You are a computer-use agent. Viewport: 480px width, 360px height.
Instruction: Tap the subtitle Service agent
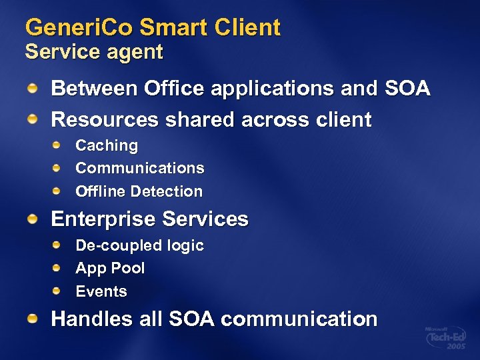(x=93, y=53)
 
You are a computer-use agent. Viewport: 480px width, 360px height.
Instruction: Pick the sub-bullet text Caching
(x=107, y=145)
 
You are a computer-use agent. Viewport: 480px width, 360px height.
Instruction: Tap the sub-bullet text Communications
(x=139, y=168)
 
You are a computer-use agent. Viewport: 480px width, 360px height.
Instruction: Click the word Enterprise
(x=103, y=219)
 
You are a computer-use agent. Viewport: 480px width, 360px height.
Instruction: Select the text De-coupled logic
(x=139, y=245)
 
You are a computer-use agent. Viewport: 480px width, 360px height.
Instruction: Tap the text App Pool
(x=110, y=269)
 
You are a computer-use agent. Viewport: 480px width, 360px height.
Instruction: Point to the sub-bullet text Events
(x=101, y=291)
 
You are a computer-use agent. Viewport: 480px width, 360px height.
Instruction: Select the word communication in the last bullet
(x=299, y=319)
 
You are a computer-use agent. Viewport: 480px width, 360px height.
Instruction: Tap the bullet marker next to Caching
(x=58, y=145)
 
